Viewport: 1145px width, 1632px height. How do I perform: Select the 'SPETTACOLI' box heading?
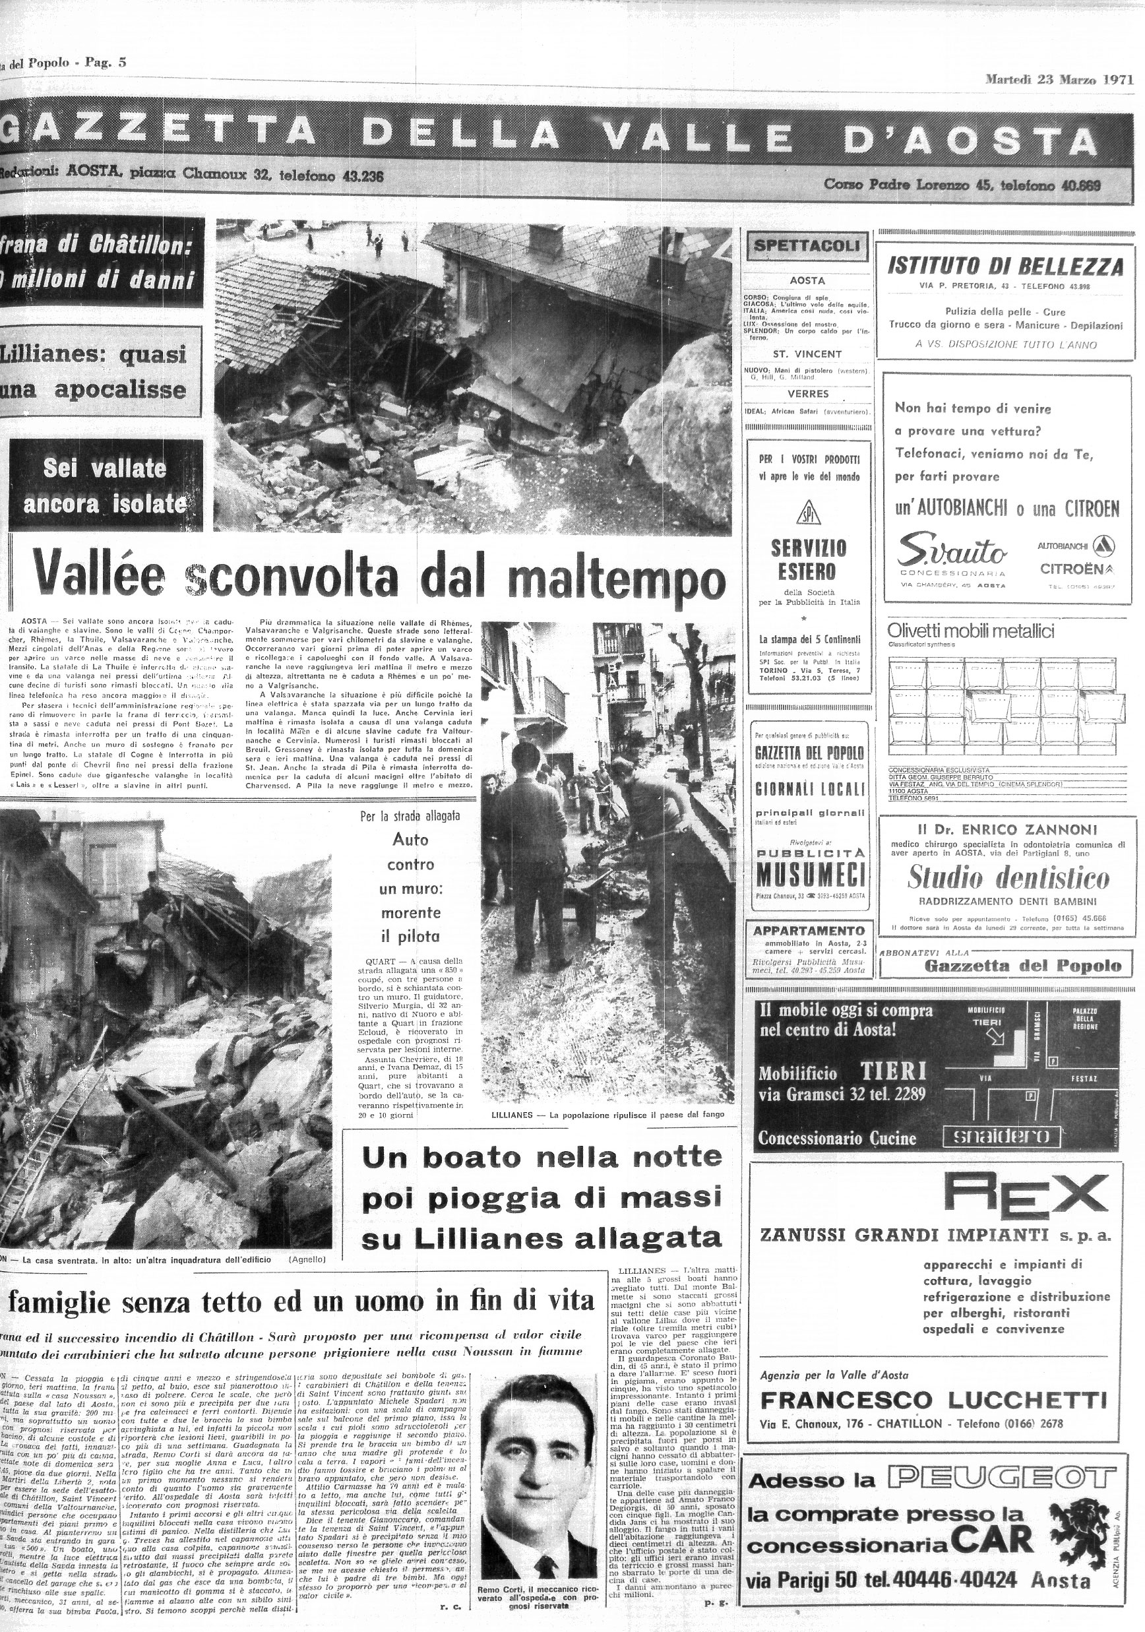point(807,246)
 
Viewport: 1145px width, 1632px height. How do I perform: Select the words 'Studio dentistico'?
point(1008,878)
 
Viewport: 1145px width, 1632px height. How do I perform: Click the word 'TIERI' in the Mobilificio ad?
point(894,1071)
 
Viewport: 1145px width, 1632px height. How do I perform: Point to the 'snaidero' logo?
point(1001,1137)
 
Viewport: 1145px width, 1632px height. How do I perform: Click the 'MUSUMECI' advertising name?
point(809,873)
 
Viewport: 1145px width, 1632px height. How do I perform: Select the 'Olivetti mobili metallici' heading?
point(970,631)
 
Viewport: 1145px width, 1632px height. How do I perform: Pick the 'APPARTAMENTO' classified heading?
point(809,930)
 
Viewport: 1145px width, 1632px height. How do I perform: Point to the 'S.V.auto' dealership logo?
point(952,551)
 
